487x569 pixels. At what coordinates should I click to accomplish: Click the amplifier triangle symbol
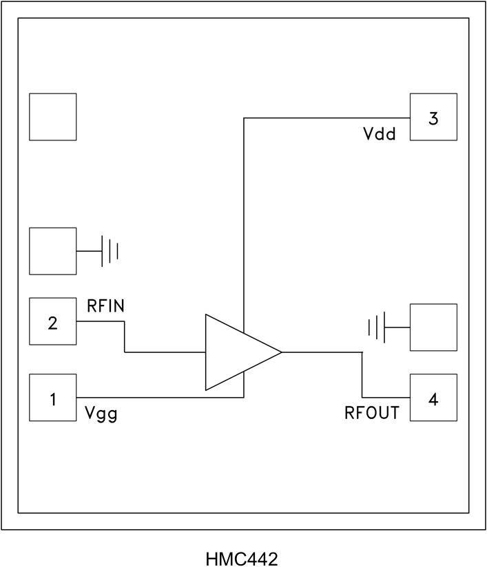pos(238,352)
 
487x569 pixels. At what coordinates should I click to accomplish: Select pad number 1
pos(52,398)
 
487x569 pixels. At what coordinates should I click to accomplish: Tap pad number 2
pos(52,321)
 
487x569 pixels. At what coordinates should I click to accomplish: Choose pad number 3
pos(433,118)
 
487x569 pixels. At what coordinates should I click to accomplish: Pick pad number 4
pos(433,398)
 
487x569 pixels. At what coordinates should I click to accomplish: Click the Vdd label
pos(380,134)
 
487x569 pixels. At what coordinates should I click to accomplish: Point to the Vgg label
pos(101,414)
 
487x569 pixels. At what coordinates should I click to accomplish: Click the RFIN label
pos(105,307)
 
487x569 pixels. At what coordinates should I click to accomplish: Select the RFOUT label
pos(372,414)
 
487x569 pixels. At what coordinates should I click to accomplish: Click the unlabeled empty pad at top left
pos(52,117)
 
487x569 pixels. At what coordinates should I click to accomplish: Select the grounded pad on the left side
pos(52,251)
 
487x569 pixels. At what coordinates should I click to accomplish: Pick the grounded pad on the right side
pos(433,328)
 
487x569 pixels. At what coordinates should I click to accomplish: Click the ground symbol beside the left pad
pos(110,251)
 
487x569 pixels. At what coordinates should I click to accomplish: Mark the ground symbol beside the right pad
pos(377,328)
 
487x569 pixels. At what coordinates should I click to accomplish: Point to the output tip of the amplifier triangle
pos(280,352)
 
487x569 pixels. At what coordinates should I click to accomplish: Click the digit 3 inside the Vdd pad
pos(433,118)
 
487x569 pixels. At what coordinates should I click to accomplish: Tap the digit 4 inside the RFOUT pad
pos(433,398)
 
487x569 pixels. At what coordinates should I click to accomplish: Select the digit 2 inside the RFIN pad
pos(52,321)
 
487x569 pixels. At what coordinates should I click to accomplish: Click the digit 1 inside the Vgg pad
pos(52,398)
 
